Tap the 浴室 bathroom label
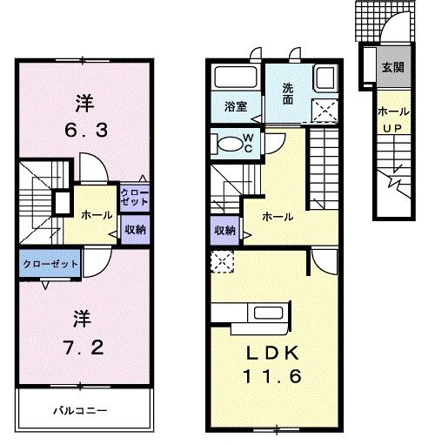[235, 107]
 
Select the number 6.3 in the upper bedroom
[84, 131]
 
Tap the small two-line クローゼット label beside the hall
[134, 196]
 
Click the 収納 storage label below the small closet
[134, 230]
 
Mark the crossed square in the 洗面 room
[326, 111]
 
